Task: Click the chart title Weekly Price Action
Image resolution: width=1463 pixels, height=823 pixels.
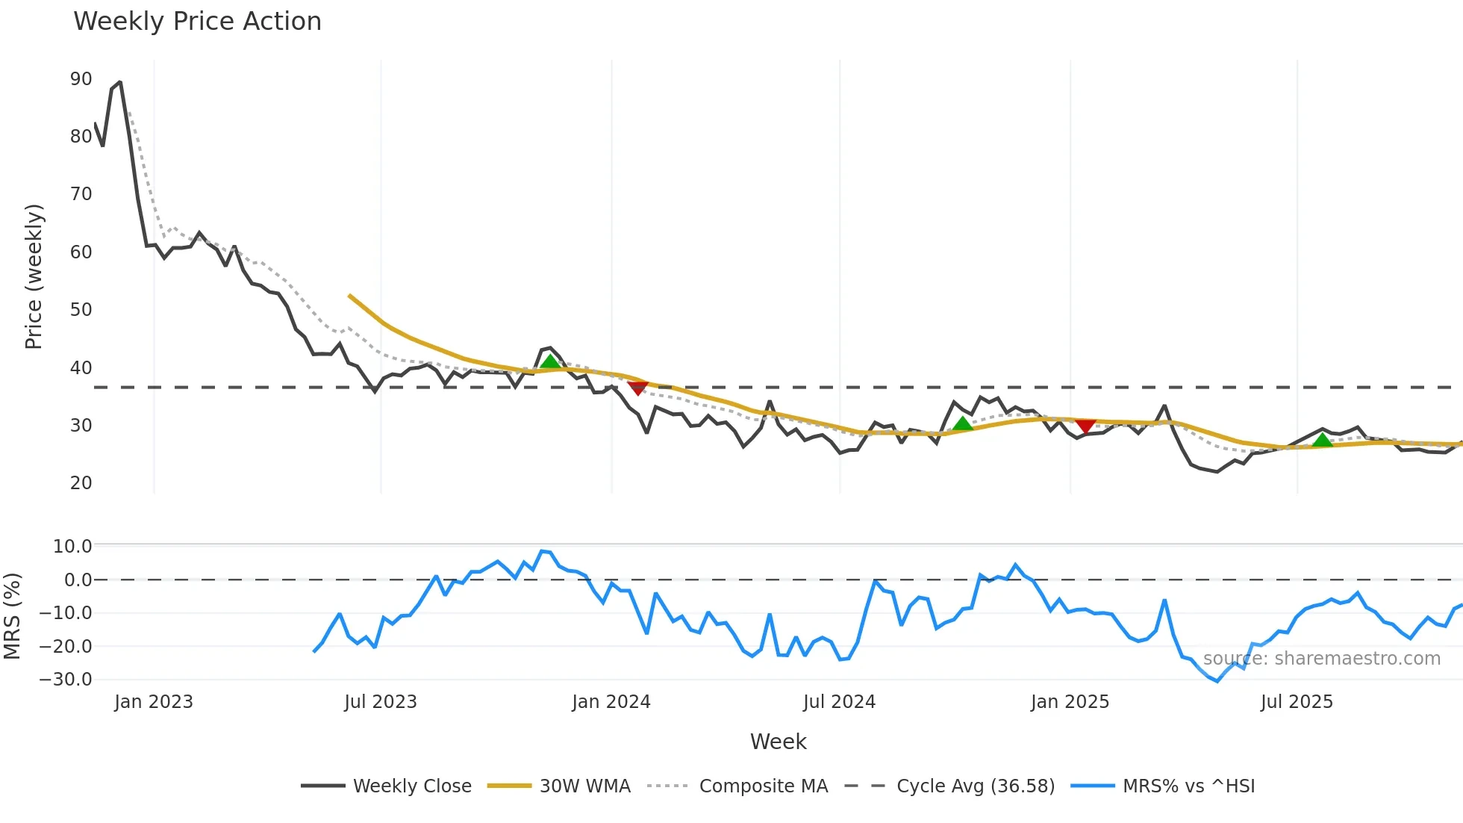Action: click(x=197, y=22)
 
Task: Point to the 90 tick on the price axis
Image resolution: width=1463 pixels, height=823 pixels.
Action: click(x=81, y=79)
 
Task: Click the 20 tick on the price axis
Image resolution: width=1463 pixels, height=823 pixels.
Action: click(x=81, y=483)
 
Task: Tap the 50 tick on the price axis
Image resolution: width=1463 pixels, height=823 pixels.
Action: click(x=81, y=310)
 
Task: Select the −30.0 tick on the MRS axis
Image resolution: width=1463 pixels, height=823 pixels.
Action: click(x=66, y=680)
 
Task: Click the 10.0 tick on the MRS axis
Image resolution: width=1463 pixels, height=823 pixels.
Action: click(x=72, y=547)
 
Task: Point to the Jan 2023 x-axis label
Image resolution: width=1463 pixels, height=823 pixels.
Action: click(x=154, y=702)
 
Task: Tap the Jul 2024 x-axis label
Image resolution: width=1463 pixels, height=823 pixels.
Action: click(x=839, y=702)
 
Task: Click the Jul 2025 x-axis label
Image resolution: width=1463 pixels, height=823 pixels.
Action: click(x=1297, y=702)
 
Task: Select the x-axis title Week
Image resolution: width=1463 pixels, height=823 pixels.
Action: click(x=778, y=742)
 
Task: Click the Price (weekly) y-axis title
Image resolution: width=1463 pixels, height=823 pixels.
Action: click(x=34, y=276)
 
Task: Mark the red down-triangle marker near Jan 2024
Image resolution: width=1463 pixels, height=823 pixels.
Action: click(x=637, y=388)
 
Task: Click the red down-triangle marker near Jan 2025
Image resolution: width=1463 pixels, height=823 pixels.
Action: click(x=1085, y=426)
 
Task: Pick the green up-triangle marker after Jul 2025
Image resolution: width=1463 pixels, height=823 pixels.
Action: click(x=1322, y=440)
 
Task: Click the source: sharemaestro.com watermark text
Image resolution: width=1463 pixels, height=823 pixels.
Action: click(x=1321, y=659)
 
